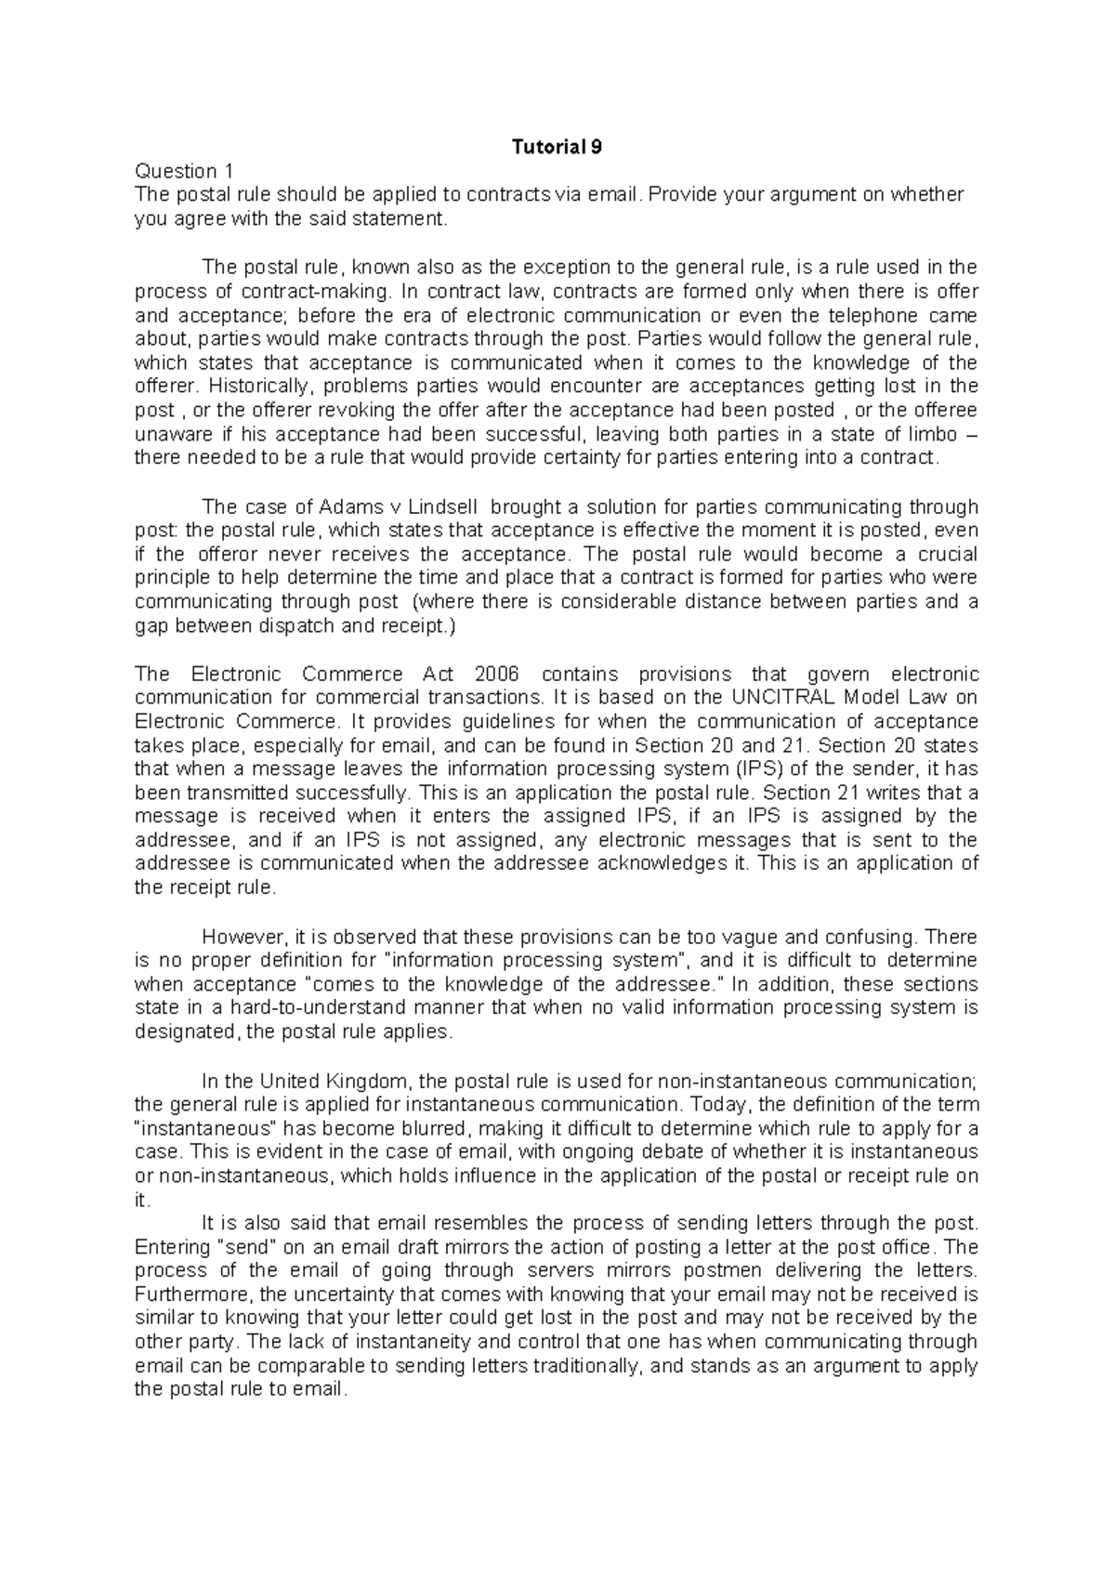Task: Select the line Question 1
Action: pos(184,171)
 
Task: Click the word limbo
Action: pos(928,434)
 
